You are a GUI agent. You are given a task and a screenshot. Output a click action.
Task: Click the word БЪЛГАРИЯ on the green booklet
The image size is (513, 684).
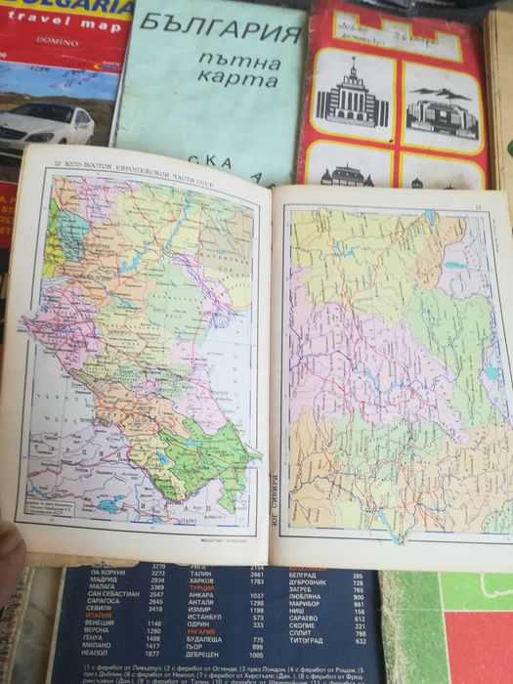tap(220, 39)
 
